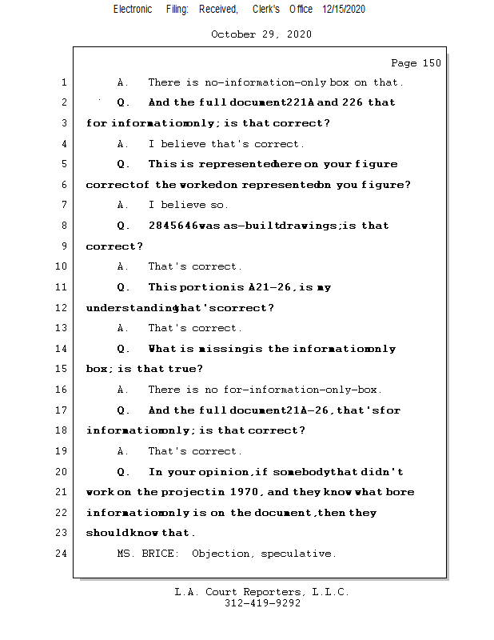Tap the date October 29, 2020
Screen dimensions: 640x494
click(261, 34)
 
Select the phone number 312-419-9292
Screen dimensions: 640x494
click(262, 604)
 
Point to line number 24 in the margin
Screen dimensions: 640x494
click(63, 554)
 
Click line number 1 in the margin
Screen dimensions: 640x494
click(63, 82)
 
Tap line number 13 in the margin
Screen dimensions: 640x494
click(63, 328)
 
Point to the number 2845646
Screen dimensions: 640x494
click(173, 226)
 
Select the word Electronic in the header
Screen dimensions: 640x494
click(133, 9)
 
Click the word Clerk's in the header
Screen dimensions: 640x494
click(265, 9)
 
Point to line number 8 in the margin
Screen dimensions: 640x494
click(63, 226)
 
